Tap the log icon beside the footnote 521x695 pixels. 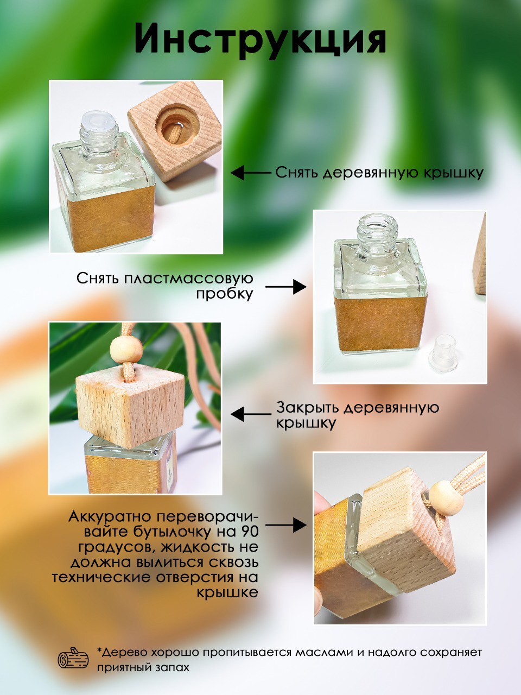[73, 658]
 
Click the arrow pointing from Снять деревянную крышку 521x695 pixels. [251, 173]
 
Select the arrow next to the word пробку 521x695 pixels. [286, 287]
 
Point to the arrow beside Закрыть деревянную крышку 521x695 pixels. [251, 414]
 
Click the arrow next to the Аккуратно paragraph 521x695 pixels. [286, 525]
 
